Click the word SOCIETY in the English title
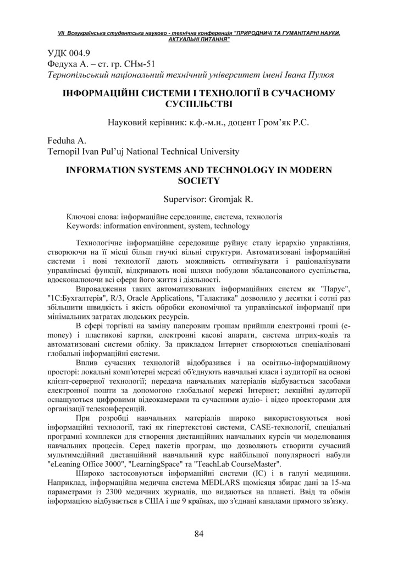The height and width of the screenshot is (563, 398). tap(199, 180)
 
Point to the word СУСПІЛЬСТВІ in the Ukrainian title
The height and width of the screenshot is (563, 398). tap(199, 103)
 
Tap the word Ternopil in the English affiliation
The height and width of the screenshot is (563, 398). tap(58, 151)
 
